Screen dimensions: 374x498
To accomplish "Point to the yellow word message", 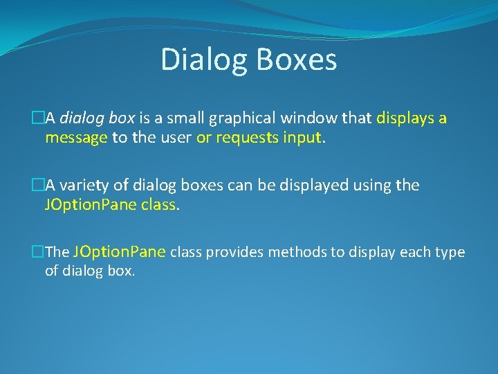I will click(x=76, y=137).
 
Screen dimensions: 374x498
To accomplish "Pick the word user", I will click(x=176, y=137).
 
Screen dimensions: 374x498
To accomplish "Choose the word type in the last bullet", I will click(x=450, y=252).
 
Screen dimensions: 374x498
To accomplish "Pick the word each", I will click(x=417, y=252).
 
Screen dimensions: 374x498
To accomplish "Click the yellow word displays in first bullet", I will click(x=406, y=118).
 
